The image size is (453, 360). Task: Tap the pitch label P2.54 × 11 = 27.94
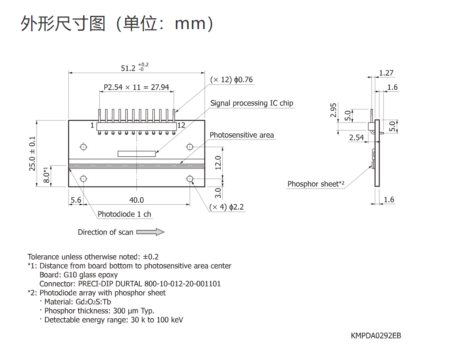tap(136, 87)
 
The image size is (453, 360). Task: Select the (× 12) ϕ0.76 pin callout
tap(231, 80)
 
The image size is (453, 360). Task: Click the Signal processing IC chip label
tap(251, 103)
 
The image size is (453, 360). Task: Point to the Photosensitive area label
tap(241, 135)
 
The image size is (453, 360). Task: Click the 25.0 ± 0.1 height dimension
tap(32, 154)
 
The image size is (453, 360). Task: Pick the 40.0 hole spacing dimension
tap(136, 200)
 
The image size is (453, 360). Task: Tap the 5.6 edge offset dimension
tap(76, 200)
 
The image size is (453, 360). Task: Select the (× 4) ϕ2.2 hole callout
tap(226, 207)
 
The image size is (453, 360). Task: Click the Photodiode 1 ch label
tap(124, 214)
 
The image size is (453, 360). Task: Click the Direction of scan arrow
tap(150, 232)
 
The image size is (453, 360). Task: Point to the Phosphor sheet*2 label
tap(316, 184)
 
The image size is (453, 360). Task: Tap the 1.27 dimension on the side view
tap(386, 73)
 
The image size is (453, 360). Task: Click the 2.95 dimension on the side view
tap(333, 110)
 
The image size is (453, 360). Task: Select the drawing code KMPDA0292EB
tap(376, 336)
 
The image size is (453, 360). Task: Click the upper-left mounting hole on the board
tap(84, 147)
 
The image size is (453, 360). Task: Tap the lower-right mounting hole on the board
tap(190, 179)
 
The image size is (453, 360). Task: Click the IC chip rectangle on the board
tap(137, 154)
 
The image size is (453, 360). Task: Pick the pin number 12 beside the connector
tap(181, 125)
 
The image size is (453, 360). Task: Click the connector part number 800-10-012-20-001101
tap(182, 284)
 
